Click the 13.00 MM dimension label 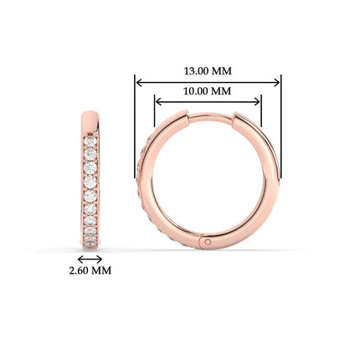point(208,70)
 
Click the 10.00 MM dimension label point(208,90)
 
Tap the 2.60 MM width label point(89,270)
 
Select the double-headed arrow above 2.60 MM point(89,259)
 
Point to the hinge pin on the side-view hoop point(207,242)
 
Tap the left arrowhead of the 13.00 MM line point(139,82)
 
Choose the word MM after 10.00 point(222,90)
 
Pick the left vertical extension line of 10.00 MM point(155,113)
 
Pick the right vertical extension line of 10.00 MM point(262,113)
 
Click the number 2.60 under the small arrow point(79,270)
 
